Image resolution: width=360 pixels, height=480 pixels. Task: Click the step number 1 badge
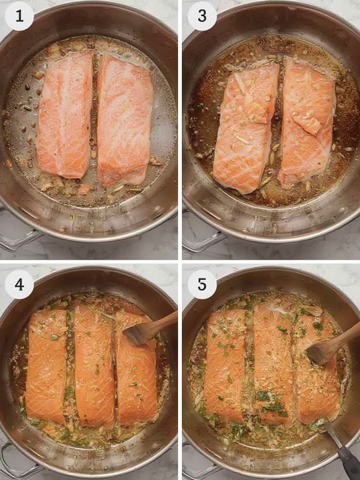click(x=19, y=16)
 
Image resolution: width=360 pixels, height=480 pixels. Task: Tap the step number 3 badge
click(x=202, y=16)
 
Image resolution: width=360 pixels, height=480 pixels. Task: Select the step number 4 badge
click(x=19, y=285)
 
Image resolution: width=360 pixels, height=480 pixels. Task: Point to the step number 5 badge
click(x=202, y=285)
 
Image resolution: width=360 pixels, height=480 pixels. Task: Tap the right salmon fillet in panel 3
click(x=307, y=124)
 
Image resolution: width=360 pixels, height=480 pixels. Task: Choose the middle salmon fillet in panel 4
click(x=95, y=366)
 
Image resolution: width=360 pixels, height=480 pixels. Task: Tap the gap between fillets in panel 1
click(x=95, y=117)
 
